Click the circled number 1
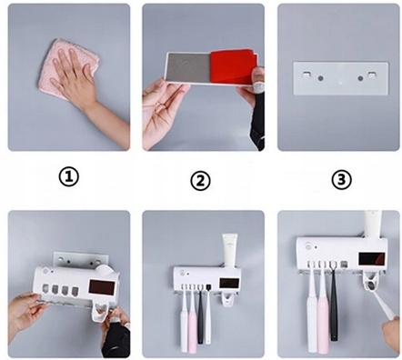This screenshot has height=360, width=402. [x=68, y=177]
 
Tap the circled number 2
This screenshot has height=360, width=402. [x=200, y=181]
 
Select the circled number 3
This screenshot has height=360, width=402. [x=341, y=180]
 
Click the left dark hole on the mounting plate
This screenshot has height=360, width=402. [x=320, y=78]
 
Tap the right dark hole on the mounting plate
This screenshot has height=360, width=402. [x=360, y=78]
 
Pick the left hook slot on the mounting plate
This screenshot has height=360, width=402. [x=306, y=75]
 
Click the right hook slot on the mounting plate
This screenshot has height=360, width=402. [x=371, y=75]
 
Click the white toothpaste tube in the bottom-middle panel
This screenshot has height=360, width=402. [x=229, y=250]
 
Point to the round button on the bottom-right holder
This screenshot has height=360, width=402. [x=308, y=246]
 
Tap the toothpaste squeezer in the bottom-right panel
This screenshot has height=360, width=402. [x=370, y=280]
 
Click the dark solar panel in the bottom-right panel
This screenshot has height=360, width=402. [x=372, y=259]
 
